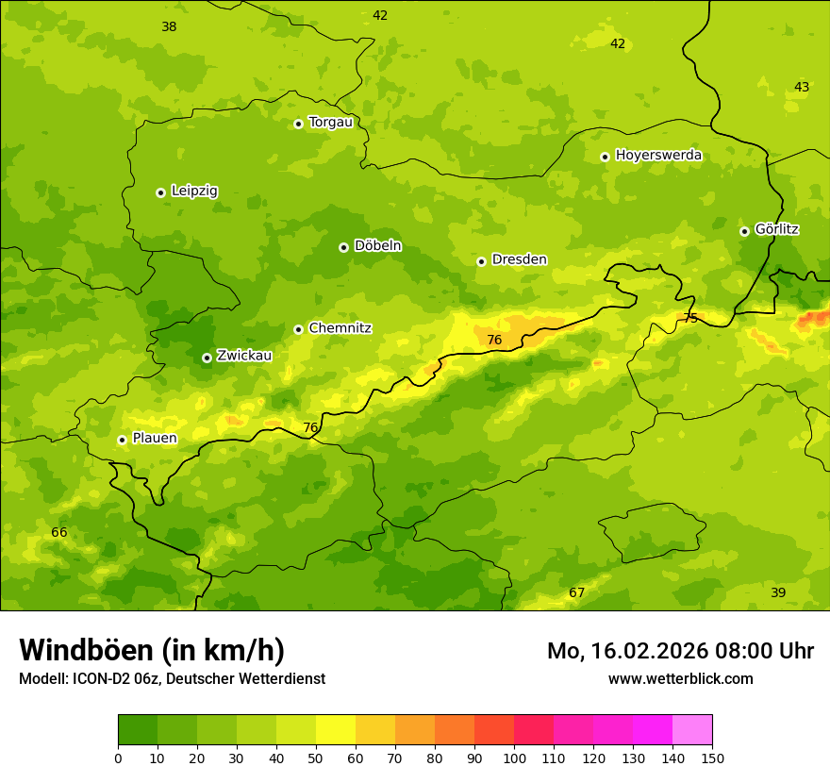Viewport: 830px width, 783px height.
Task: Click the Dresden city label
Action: [x=519, y=259]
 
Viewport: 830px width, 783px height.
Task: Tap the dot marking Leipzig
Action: [x=160, y=192]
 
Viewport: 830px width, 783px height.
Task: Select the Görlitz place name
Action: [x=776, y=229]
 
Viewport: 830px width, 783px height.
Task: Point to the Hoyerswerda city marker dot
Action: [x=605, y=157]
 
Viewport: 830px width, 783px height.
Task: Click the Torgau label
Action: [x=330, y=122]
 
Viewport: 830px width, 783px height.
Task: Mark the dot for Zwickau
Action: [x=207, y=358]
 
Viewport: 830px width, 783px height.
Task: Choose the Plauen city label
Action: [x=154, y=439]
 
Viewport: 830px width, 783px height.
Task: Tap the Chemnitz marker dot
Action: [x=298, y=329]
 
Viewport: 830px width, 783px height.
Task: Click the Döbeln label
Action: [x=377, y=246]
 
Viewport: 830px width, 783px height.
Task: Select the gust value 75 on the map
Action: [x=690, y=319]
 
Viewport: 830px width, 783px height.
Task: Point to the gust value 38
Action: [x=169, y=27]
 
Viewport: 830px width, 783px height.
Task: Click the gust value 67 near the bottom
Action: [x=576, y=592]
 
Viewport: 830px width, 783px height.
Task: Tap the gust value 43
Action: [x=802, y=88]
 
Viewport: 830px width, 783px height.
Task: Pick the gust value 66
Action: [x=59, y=533]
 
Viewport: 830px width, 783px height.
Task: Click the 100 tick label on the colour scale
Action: [x=514, y=758]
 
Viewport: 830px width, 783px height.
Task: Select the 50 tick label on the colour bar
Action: [x=316, y=758]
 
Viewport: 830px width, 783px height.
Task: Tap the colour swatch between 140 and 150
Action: [x=692, y=730]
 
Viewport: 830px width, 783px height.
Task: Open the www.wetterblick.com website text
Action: [x=680, y=679]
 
